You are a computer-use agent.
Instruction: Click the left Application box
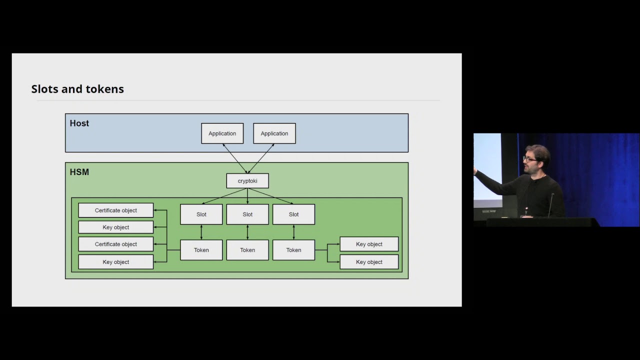[222, 133]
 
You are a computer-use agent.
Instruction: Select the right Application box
[274, 133]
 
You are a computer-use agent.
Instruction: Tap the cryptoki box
[247, 181]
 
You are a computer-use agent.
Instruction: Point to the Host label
[79, 123]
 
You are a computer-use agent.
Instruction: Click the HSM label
[79, 172]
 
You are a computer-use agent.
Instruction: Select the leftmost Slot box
[201, 214]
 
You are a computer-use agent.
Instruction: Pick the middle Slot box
[247, 214]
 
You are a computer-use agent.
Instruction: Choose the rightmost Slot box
[293, 214]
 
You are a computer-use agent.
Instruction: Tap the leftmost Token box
[201, 250]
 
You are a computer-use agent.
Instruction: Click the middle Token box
[247, 250]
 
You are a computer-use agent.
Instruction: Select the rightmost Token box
[293, 250]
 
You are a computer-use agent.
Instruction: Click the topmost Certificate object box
[115, 210]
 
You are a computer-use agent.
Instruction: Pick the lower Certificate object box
[115, 244]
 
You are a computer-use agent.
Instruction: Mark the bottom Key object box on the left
[115, 262]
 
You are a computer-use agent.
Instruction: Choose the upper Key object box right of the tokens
[369, 244]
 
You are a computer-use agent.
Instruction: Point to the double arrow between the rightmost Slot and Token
[293, 232]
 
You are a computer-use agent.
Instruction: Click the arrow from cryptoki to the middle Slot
[247, 196]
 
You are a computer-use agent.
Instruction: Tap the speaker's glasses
[529, 159]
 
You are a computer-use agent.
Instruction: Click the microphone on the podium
[551, 205]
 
